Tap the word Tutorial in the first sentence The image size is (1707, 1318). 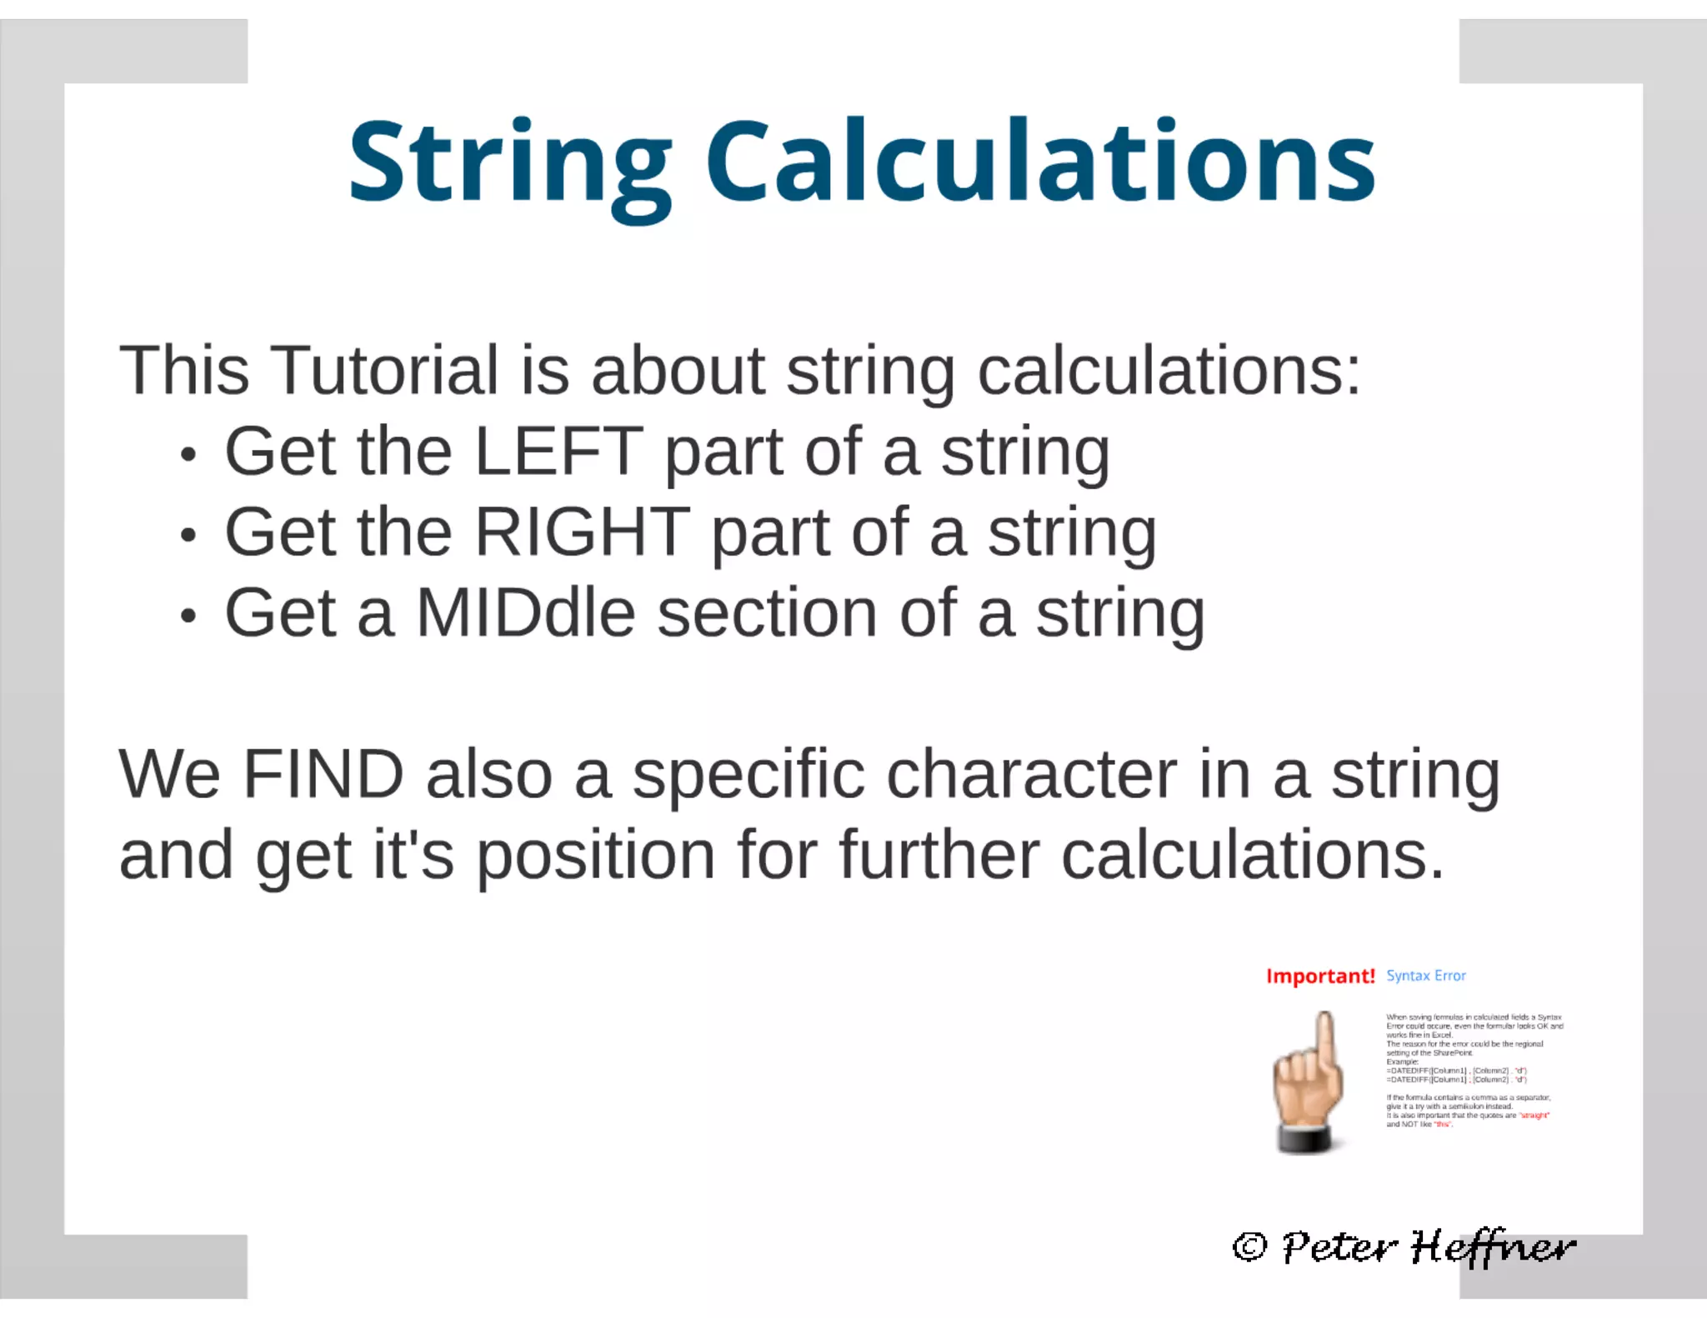[x=384, y=371]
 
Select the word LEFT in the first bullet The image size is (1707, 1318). [x=558, y=452]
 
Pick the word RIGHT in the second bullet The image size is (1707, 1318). [x=582, y=532]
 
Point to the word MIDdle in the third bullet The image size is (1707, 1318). [x=525, y=613]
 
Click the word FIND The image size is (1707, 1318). [x=323, y=775]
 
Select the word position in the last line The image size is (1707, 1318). [x=595, y=856]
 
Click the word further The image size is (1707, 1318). [x=939, y=856]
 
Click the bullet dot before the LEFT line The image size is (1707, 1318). [x=188, y=456]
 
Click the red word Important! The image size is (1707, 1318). [x=1319, y=976]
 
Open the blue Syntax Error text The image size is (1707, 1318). [x=1425, y=976]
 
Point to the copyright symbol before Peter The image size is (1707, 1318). [x=1249, y=1247]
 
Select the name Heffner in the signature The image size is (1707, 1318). [x=1492, y=1247]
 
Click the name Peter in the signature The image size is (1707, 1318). [x=1339, y=1247]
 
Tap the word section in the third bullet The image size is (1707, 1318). [x=767, y=613]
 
